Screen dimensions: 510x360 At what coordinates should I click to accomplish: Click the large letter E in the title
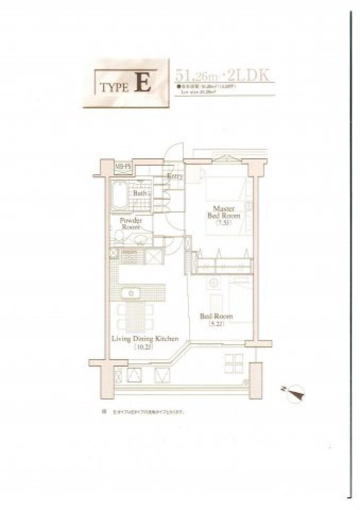[x=144, y=83]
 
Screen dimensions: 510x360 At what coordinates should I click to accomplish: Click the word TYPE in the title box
[x=115, y=87]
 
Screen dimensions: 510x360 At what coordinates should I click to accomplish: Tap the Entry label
[x=175, y=176]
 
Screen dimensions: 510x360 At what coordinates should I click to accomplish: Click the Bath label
[x=140, y=193]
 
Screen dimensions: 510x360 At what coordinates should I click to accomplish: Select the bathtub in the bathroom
[x=119, y=197]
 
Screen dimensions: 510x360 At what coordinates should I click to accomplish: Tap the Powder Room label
[x=130, y=223]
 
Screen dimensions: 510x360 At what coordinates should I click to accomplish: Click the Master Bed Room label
[x=224, y=212]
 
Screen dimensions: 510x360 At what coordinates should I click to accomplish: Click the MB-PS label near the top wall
[x=122, y=165]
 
